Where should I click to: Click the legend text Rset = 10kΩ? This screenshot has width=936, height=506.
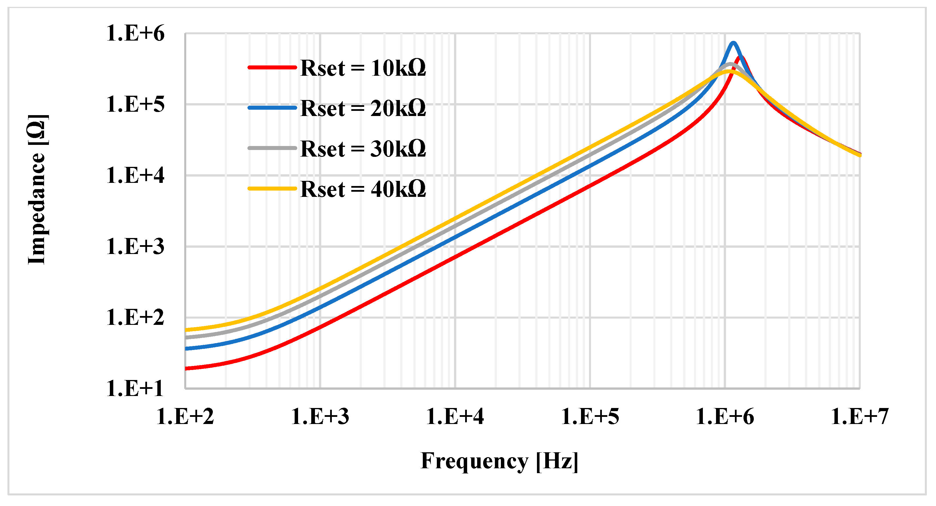coord(363,68)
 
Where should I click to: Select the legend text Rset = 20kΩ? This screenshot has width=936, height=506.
coord(363,108)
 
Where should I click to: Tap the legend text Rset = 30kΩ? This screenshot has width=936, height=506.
coord(363,149)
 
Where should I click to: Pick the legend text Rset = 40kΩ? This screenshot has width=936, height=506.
coord(363,189)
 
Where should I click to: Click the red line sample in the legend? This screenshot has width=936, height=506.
coord(272,67)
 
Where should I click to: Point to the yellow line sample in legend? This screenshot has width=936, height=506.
coord(272,188)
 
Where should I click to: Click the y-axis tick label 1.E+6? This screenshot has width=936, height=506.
coord(135,33)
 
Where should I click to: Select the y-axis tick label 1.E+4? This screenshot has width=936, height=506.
coord(135,176)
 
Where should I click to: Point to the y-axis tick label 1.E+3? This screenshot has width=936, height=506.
coord(135,247)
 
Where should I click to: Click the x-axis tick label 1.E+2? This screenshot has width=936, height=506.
coord(185,416)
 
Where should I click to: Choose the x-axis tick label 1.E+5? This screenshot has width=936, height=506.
coord(590,416)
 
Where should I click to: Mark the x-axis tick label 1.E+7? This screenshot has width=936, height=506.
coord(860,416)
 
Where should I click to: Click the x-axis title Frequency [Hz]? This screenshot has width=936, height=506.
coord(499,461)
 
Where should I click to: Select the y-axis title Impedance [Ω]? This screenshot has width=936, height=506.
coord(37,189)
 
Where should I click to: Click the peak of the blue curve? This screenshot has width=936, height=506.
coord(733,43)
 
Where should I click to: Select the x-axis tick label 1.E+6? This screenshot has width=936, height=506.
coord(725,416)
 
